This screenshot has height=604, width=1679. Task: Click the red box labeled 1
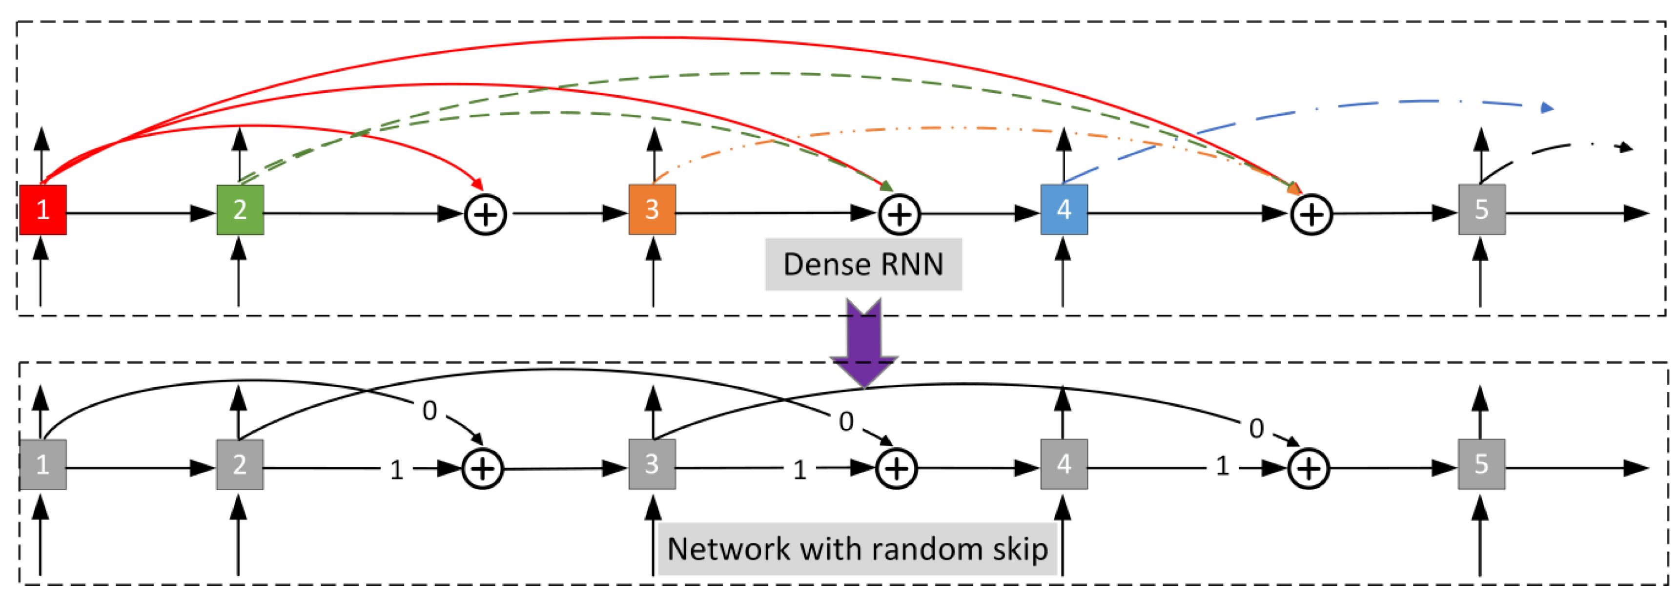coord(43,209)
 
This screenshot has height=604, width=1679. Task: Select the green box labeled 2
coord(240,209)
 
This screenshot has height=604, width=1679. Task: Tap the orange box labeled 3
coord(652,209)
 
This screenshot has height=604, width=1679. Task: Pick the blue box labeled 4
coord(1064,209)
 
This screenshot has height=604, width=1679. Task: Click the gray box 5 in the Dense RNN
coord(1481,209)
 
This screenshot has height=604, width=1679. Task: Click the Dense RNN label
coord(863,264)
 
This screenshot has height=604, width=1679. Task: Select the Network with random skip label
coord(857,548)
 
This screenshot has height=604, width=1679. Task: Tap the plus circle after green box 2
coord(486,214)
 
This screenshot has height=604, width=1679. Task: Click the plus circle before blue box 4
coord(900,214)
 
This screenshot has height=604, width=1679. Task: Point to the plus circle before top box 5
coord(1311,214)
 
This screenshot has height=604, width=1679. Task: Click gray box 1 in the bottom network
coord(43,464)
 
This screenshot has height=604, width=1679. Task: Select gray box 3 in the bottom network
coord(652,464)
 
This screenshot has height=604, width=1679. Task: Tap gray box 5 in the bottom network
coord(1481,464)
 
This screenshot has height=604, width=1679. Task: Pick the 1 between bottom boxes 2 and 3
coord(397,470)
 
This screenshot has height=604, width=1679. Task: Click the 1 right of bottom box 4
coord(1223,466)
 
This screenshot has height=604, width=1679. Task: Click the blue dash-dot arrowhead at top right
coord(1547,107)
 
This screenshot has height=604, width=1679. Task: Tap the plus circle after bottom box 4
coord(1309,469)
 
